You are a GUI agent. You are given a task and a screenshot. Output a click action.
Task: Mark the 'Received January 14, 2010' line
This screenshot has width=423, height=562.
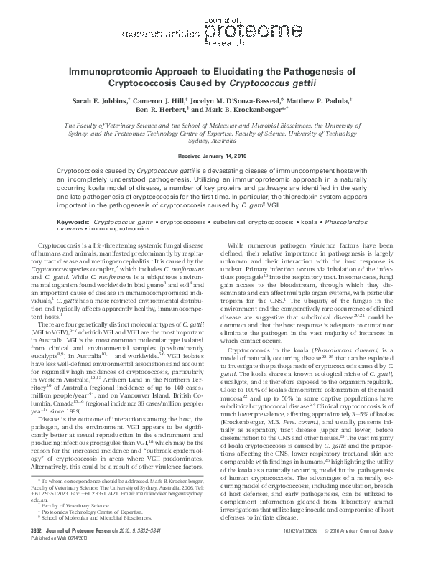[211, 156]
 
